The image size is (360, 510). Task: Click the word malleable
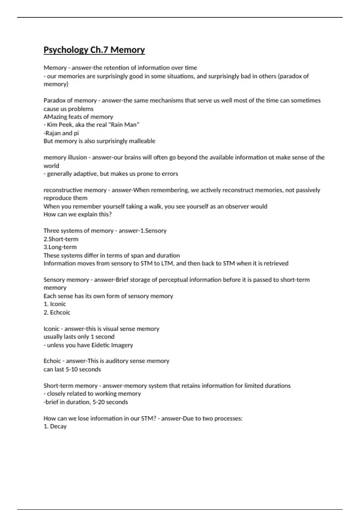point(142,141)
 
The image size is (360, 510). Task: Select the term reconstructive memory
point(75,190)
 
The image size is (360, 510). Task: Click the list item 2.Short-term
point(61,239)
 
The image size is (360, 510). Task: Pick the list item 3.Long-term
point(60,247)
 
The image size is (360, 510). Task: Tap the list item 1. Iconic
point(55,304)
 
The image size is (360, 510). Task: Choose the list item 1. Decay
point(55,426)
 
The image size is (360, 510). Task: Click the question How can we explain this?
point(77,214)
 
